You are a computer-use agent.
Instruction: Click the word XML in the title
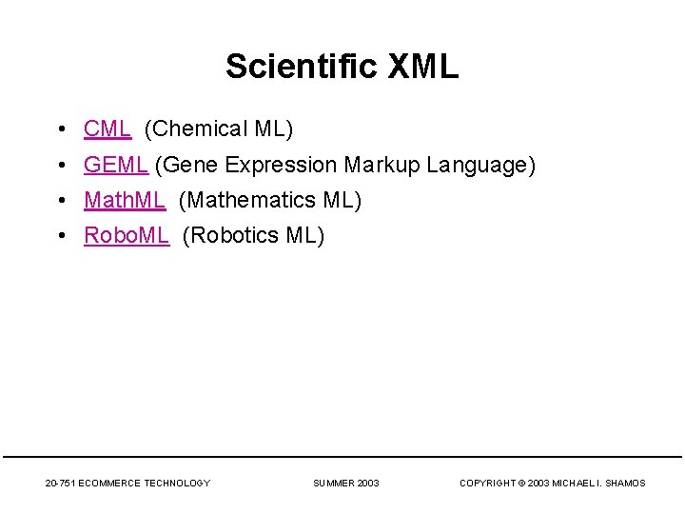(x=423, y=67)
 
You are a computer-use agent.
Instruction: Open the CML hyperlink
(x=107, y=128)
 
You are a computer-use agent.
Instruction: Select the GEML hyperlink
(x=115, y=165)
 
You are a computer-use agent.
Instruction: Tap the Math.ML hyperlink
(x=125, y=200)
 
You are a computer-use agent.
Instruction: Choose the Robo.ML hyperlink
(x=127, y=235)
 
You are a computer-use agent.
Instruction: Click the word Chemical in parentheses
(x=197, y=128)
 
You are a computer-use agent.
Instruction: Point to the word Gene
(x=193, y=165)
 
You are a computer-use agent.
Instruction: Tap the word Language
(x=480, y=165)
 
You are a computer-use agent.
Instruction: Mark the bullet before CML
(x=60, y=128)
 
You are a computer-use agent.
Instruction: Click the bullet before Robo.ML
(x=60, y=235)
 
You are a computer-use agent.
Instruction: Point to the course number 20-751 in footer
(x=61, y=484)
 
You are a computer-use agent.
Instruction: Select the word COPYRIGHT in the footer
(x=489, y=484)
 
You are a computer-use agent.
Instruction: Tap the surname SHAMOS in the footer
(x=625, y=484)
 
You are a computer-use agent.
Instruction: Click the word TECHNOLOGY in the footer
(x=177, y=484)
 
